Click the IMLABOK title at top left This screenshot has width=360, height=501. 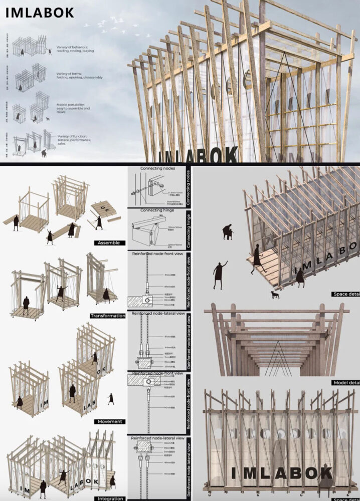(x=40, y=13)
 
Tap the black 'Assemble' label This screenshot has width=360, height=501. (x=109, y=242)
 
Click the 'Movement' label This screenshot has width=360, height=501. (x=110, y=421)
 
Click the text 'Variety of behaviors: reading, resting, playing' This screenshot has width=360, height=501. (x=75, y=49)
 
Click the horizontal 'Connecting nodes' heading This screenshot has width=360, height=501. (x=157, y=169)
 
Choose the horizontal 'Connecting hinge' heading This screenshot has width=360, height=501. (x=157, y=210)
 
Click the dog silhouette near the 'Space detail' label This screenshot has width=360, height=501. (x=274, y=295)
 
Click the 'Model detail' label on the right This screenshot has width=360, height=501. (x=346, y=382)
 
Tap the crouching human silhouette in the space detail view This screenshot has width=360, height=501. (x=228, y=232)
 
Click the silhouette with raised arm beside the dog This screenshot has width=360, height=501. (x=219, y=275)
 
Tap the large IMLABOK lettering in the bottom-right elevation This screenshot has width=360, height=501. (x=281, y=472)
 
